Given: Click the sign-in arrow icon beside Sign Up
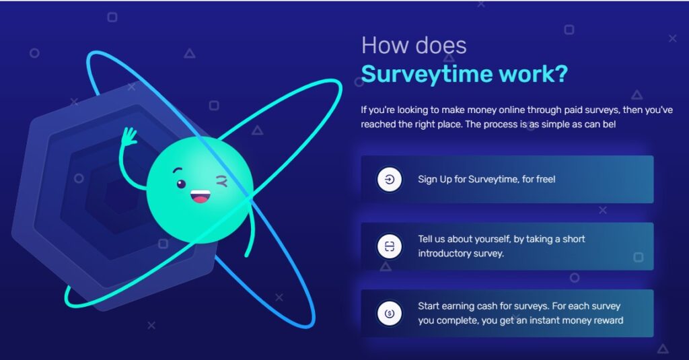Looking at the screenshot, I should [x=390, y=180].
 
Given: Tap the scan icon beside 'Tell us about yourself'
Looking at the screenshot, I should [x=390, y=246].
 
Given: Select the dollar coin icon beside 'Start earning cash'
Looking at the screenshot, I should [x=390, y=313].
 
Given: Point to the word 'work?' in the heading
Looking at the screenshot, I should [x=534, y=74].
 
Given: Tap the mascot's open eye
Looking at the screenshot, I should [x=181, y=184].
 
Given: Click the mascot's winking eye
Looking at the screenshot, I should [x=221, y=180].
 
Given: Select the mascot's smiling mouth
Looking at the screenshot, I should [x=201, y=196].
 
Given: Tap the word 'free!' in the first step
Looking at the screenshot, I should [x=543, y=179].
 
